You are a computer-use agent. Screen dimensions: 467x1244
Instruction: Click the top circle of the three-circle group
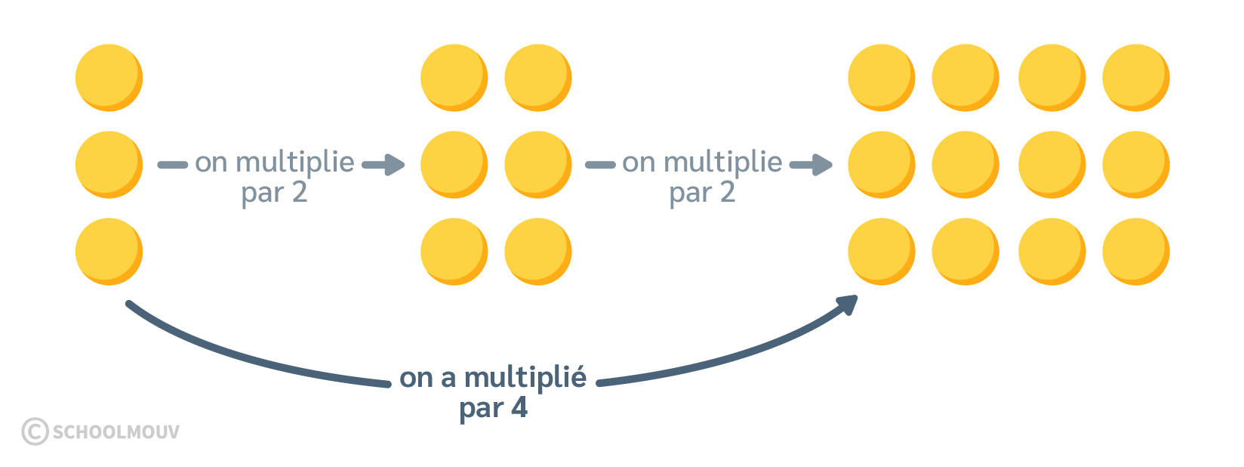[109, 78]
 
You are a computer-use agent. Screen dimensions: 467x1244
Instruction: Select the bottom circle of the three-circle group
[109, 252]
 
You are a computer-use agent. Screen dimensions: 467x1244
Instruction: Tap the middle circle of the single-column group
[109, 165]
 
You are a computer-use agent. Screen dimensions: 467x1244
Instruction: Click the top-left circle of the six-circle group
[454, 78]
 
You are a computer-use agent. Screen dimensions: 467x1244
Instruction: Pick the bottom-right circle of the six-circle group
[537, 252]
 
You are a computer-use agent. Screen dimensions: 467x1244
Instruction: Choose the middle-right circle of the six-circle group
[537, 165]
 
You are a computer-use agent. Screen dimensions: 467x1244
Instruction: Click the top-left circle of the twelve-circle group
[881, 78]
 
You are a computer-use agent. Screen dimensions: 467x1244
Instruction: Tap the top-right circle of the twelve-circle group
[1135, 78]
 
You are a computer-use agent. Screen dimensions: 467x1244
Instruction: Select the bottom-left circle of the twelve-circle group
[881, 252]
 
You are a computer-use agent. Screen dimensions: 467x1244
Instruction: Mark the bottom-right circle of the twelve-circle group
[1135, 252]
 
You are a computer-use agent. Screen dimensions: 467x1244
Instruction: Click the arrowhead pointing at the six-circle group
[394, 164]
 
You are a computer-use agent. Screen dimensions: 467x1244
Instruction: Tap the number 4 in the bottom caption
[519, 408]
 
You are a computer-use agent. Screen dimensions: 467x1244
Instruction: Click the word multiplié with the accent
[525, 378]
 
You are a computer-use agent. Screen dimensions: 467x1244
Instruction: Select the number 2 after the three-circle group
[300, 193]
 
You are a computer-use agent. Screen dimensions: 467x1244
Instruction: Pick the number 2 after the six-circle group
[727, 193]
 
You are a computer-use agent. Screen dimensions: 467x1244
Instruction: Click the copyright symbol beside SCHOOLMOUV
[35, 431]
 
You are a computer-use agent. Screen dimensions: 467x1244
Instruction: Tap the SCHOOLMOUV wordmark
[116, 431]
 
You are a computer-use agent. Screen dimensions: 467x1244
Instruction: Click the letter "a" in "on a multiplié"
[448, 378]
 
